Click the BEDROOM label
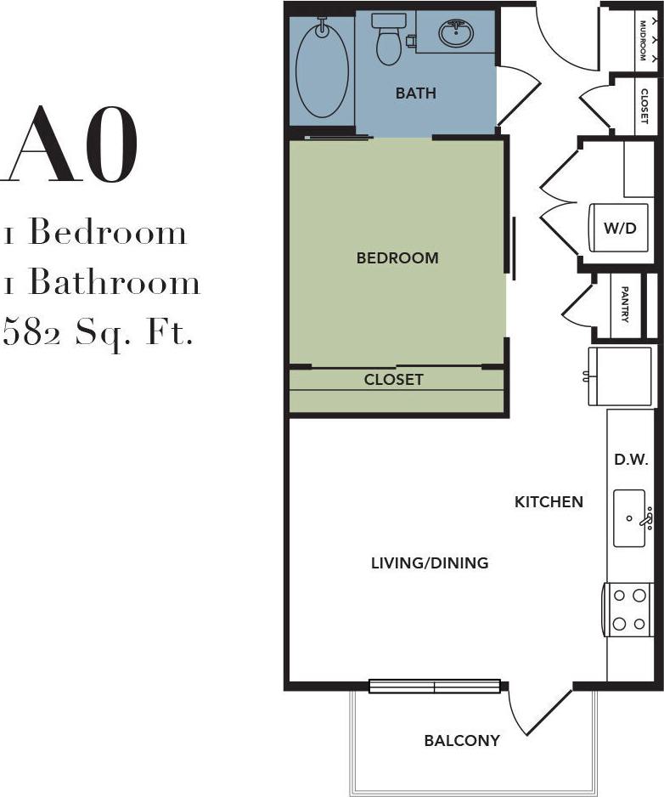click(x=397, y=257)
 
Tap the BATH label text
click(x=416, y=93)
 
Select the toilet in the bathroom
click(x=390, y=40)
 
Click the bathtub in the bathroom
click(x=322, y=70)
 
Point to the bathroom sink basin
click(x=456, y=35)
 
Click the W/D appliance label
click(x=619, y=228)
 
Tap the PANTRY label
click(x=625, y=303)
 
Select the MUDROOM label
click(x=644, y=39)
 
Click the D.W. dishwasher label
click(x=631, y=460)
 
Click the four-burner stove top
click(x=628, y=609)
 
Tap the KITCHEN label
click(x=549, y=502)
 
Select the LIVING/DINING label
click(x=430, y=562)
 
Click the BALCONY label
click(x=462, y=740)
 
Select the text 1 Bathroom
click(x=102, y=282)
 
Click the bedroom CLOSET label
click(x=394, y=380)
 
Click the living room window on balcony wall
click(x=434, y=687)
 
